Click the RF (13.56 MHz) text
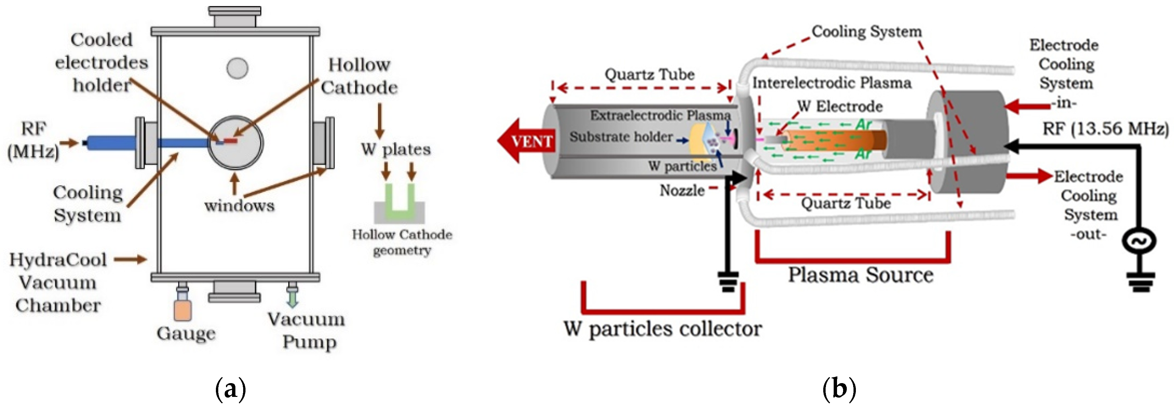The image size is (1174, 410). click(1105, 129)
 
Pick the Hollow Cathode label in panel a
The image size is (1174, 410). click(359, 76)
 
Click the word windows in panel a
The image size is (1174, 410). click(239, 206)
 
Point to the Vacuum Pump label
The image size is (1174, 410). click(307, 330)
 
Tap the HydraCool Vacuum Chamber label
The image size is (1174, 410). click(58, 282)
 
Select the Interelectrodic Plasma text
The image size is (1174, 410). click(831, 83)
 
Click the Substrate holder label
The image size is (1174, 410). click(621, 137)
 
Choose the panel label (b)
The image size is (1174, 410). click(839, 388)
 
